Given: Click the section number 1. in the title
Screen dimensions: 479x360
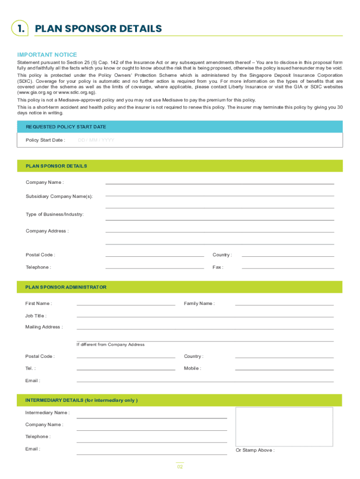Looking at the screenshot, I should point(21,29).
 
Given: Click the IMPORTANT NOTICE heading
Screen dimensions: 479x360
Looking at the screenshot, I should point(47,55).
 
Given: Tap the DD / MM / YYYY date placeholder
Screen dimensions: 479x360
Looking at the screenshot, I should point(96,140).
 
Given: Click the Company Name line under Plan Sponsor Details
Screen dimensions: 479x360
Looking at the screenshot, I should point(220,182).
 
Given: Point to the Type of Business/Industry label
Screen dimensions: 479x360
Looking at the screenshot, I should point(55,214).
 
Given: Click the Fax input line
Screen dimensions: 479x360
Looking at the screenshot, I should point(288,267).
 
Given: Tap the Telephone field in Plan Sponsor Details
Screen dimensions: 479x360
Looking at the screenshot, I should point(155,267).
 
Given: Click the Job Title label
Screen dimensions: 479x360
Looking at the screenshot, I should point(36,316).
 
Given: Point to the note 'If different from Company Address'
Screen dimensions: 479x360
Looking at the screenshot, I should point(110,345).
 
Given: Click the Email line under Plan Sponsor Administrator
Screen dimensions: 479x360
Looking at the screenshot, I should point(205,381).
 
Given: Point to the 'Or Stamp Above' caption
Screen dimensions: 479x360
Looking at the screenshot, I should point(255,450).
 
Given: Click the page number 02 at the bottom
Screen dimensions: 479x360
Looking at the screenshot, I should point(180,467).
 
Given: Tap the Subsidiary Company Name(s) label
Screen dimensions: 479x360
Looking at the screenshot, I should point(59,196).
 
